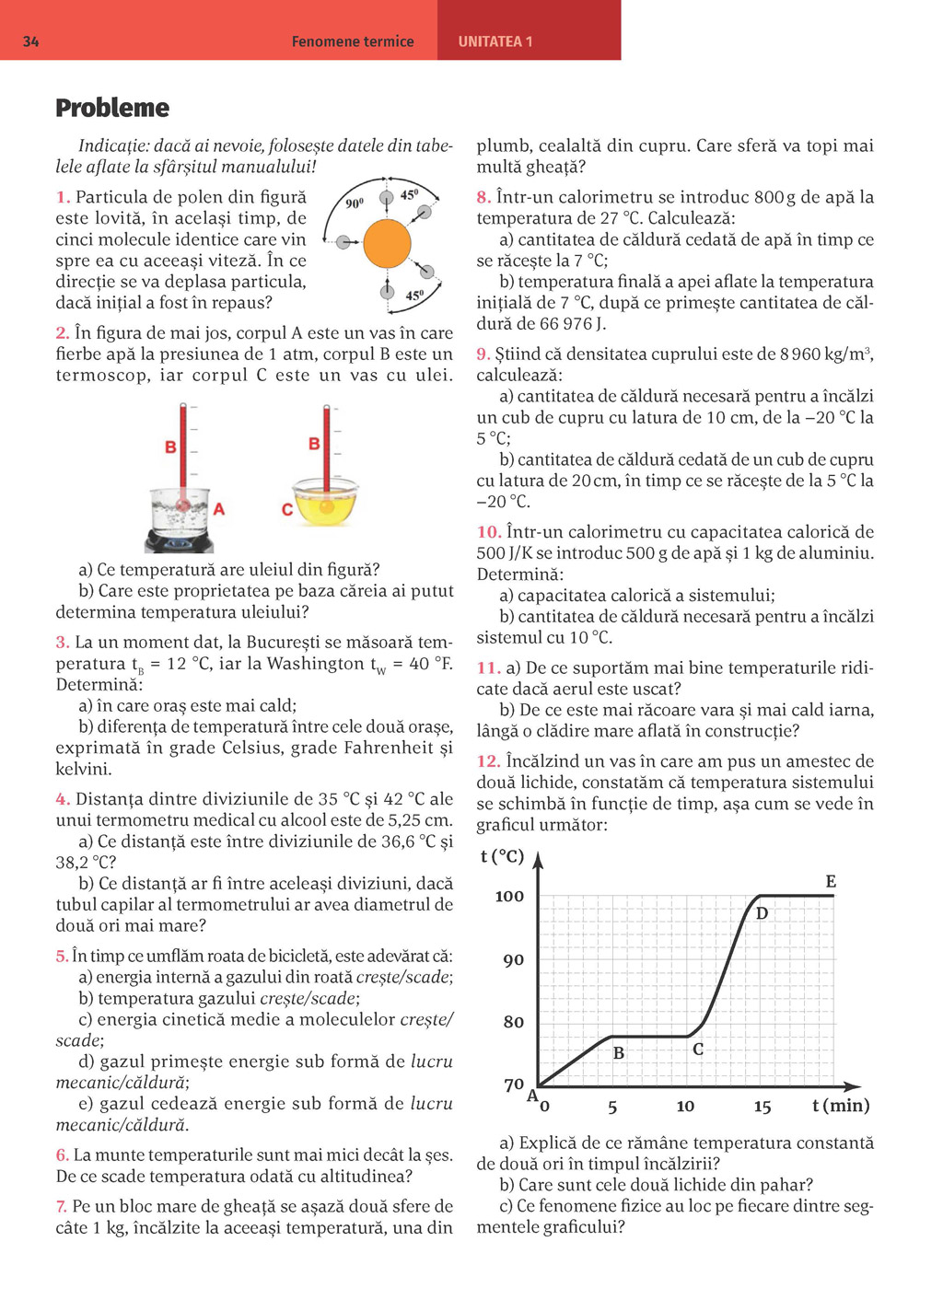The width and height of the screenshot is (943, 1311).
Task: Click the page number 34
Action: [x=30, y=41]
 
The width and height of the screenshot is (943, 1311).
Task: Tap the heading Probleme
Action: [x=112, y=108]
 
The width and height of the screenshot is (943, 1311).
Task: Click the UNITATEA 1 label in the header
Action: [x=495, y=41]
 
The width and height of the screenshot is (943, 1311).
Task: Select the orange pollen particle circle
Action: [x=387, y=243]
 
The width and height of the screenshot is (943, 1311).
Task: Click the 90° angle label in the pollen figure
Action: [x=355, y=203]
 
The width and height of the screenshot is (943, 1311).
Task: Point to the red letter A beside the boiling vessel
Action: [x=219, y=508]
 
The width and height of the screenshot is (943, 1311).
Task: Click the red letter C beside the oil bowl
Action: [x=287, y=509]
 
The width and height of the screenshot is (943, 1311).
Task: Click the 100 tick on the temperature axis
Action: [x=509, y=896]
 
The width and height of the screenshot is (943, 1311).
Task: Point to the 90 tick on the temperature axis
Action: [x=513, y=959]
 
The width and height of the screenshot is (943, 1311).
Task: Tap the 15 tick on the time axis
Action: [x=763, y=1107]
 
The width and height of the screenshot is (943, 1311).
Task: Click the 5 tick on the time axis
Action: [x=612, y=1107]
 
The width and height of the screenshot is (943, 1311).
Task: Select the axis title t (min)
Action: [x=841, y=1105]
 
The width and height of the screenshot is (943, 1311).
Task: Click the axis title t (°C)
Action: [x=502, y=856]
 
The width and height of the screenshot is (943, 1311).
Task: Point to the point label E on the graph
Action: [x=831, y=882]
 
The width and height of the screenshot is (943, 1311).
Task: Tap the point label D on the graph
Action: [x=762, y=913]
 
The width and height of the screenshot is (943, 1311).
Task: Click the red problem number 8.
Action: [x=483, y=197]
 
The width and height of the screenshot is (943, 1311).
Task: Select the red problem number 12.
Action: [x=488, y=761]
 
